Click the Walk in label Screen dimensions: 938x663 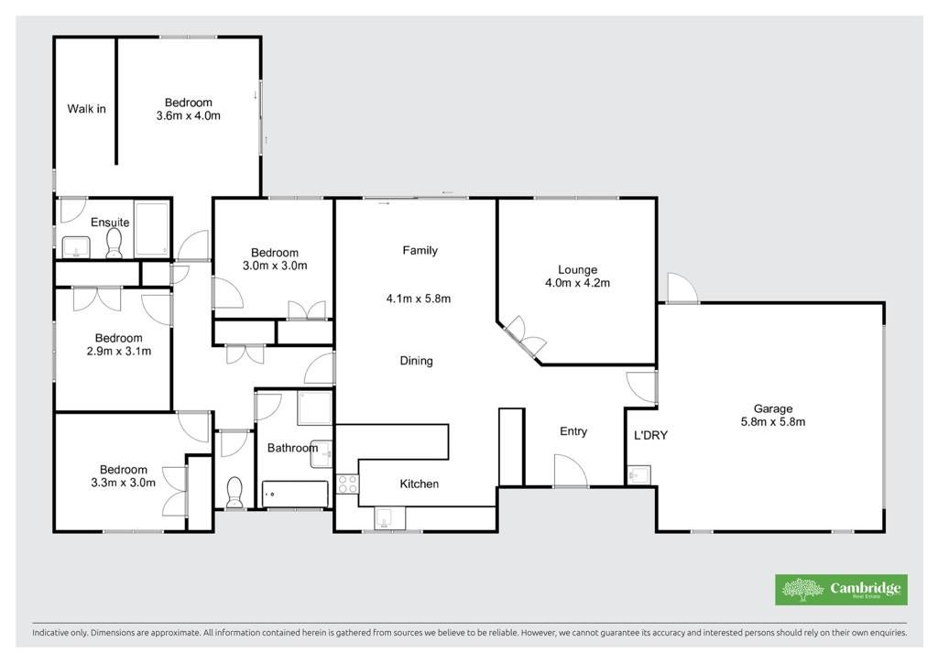[86, 109]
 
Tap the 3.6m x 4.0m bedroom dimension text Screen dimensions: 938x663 [189, 116]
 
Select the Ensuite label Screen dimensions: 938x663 [110, 223]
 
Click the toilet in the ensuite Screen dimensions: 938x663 [114, 244]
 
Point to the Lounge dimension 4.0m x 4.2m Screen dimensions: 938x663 [577, 283]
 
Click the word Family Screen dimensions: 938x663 [420, 251]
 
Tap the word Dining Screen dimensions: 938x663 [417, 361]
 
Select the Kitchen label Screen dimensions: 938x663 [420, 484]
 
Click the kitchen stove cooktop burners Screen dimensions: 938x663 [347, 484]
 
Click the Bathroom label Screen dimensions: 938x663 [292, 448]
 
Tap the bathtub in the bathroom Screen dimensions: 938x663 [296, 495]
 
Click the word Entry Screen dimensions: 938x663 [573, 431]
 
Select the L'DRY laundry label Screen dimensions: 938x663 [650, 435]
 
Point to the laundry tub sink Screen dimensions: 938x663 [638, 474]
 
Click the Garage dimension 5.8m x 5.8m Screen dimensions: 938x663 [773, 422]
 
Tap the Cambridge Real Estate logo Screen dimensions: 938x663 [841, 590]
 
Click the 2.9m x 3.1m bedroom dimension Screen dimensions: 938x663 [119, 352]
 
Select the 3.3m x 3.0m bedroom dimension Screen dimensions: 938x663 [124, 483]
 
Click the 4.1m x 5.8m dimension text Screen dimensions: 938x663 [418, 299]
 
